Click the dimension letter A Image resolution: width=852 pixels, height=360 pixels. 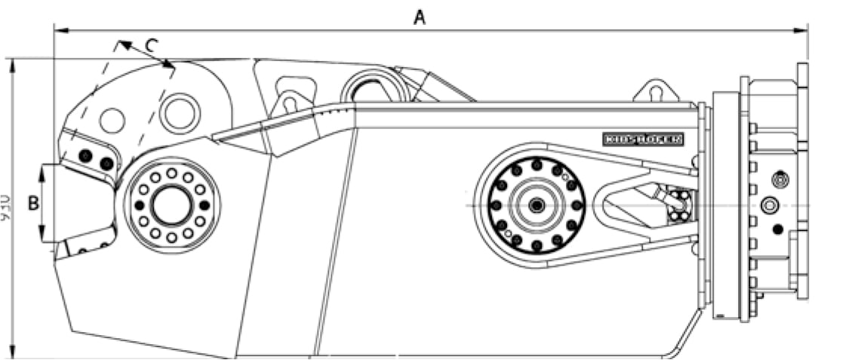click(x=419, y=17)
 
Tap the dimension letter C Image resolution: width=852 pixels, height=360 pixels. click(x=151, y=45)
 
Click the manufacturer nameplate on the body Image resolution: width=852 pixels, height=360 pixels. click(x=643, y=138)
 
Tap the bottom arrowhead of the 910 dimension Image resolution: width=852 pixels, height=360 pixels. click(x=14, y=352)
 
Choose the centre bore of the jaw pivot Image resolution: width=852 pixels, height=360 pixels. click(x=171, y=205)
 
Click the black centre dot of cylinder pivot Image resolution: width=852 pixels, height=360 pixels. click(x=536, y=205)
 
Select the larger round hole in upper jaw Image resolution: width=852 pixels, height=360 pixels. click(x=180, y=111)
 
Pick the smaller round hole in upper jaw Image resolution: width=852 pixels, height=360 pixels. click(x=112, y=120)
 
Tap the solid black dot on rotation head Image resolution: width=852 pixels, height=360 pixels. click(x=777, y=228)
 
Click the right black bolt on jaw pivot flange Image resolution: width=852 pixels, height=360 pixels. click(x=204, y=205)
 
